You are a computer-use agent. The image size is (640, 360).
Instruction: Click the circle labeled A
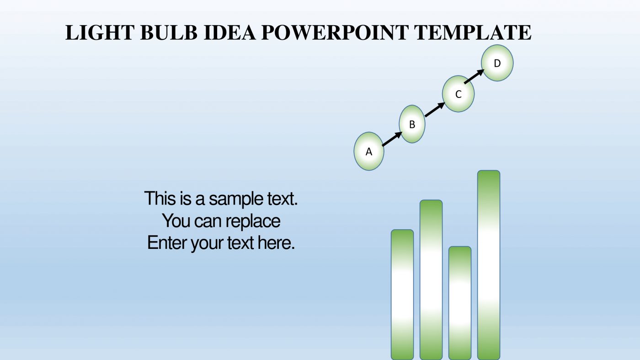coord(369,151)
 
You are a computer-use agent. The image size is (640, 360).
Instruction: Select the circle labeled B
coord(412,124)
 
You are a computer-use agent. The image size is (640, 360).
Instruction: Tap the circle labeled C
coord(458,94)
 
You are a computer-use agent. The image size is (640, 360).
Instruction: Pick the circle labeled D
coord(497,63)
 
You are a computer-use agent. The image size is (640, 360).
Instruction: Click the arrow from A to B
coord(392,139)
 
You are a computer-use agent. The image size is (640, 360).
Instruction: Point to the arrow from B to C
coord(435,110)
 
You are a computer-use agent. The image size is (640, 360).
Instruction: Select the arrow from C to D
coord(475,77)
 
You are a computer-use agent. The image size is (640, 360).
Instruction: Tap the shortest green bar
coord(460,302)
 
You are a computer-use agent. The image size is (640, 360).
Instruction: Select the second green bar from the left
coord(431,279)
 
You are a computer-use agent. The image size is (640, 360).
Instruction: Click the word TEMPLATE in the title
coord(473,33)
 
